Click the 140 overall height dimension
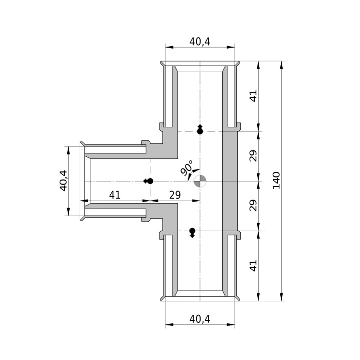pos(276,180)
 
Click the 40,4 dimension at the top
pos(200,42)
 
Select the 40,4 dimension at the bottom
pos(200,319)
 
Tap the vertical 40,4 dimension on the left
pos(63,181)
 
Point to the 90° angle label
pos(187,168)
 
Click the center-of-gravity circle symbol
pos(200,181)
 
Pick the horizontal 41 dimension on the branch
pos(114,195)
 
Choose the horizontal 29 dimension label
pos(175,195)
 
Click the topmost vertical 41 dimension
pos(253,96)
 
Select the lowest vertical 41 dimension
pos(253,266)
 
